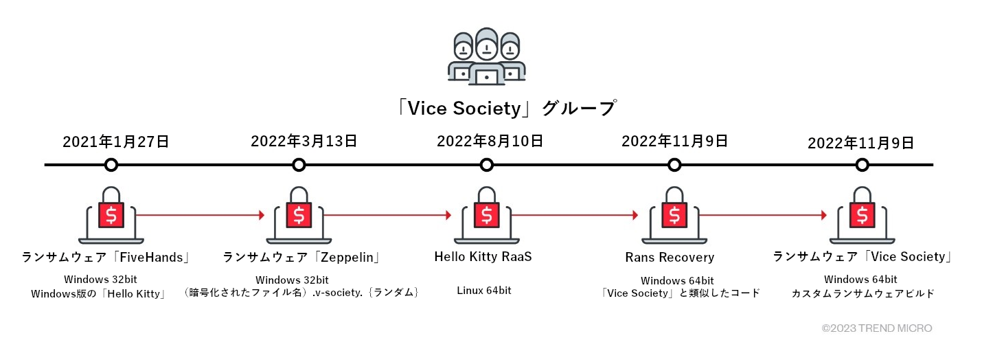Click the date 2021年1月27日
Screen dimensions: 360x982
pyautogui.click(x=115, y=142)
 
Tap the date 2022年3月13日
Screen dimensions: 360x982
pyautogui.click(x=304, y=142)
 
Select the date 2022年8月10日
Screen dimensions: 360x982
pyautogui.click(x=490, y=142)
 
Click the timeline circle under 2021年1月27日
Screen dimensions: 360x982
pyautogui.click(x=111, y=165)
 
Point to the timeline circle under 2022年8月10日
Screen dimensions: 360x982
pyautogui.click(x=487, y=165)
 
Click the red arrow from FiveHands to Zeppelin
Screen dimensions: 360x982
pyautogui.click(x=199, y=215)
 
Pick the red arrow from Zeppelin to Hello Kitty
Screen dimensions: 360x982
pyautogui.click(x=387, y=215)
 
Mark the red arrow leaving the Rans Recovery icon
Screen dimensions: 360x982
pyautogui.click(x=762, y=215)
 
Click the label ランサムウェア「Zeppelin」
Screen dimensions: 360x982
pyautogui.click(x=302, y=257)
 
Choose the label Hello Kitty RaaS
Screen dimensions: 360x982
pyautogui.click(x=483, y=257)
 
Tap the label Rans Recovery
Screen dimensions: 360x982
pyautogui.click(x=670, y=258)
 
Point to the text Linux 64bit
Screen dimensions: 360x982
pyautogui.click(x=484, y=291)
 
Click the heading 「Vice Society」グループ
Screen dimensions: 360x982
pyautogui.click(x=507, y=109)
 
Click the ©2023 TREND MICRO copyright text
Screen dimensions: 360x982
pyautogui.click(x=876, y=328)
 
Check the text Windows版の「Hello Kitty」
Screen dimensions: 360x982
pyautogui.click(x=100, y=293)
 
